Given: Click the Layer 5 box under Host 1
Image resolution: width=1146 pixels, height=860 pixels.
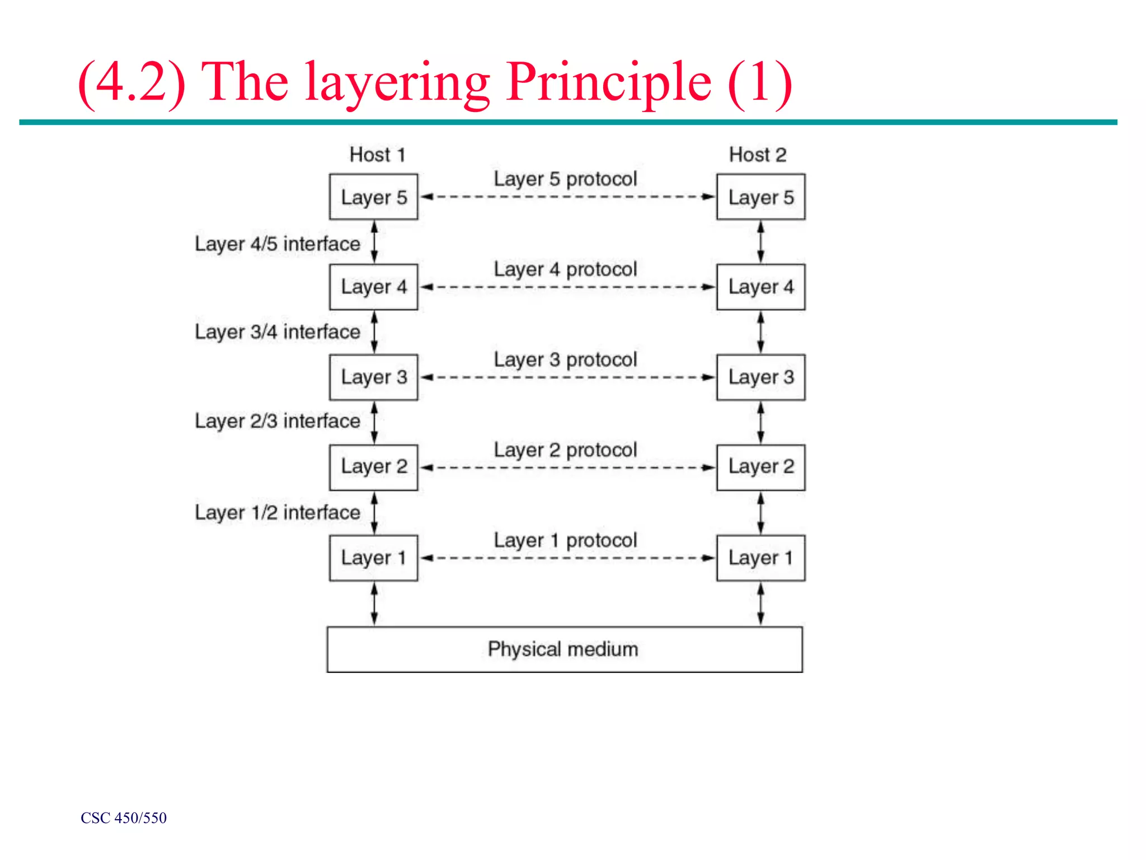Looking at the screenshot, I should (x=373, y=197).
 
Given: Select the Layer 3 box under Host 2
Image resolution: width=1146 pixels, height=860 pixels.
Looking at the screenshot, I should (x=760, y=377).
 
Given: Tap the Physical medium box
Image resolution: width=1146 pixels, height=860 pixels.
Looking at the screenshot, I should (x=564, y=649).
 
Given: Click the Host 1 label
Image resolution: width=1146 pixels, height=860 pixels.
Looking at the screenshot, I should (x=377, y=155).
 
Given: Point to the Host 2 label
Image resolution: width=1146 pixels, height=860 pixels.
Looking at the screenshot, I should (x=758, y=155).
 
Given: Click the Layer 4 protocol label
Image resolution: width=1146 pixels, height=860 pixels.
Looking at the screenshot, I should (x=565, y=269).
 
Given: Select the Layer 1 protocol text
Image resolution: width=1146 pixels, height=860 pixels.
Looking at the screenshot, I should (x=565, y=540).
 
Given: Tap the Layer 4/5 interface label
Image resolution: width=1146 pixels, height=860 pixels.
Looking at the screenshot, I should (x=277, y=244).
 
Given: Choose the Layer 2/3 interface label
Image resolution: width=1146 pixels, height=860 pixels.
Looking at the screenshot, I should (x=277, y=421).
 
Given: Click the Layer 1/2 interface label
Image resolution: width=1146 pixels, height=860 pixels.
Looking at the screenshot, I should (x=277, y=512).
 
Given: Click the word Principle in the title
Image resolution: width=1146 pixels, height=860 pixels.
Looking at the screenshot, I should (x=609, y=83).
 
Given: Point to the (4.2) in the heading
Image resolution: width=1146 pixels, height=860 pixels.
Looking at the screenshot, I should (x=131, y=83).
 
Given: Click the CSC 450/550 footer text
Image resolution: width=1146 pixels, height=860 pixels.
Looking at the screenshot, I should (x=124, y=818).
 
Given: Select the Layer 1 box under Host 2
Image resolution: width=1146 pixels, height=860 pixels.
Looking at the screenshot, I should (x=760, y=558).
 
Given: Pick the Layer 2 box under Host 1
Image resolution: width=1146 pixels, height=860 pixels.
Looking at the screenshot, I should (x=373, y=467).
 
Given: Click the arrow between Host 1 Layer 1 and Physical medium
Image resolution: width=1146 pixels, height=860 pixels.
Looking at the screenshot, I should (x=374, y=604).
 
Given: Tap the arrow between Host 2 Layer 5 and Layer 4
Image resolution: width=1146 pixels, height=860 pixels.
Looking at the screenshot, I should (x=760, y=242).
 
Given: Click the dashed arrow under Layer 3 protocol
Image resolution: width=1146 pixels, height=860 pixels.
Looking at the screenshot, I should (x=567, y=377).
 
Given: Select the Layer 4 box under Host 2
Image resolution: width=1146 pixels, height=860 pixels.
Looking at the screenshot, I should (x=760, y=287).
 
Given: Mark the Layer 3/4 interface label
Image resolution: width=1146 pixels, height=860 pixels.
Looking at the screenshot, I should (x=277, y=332).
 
